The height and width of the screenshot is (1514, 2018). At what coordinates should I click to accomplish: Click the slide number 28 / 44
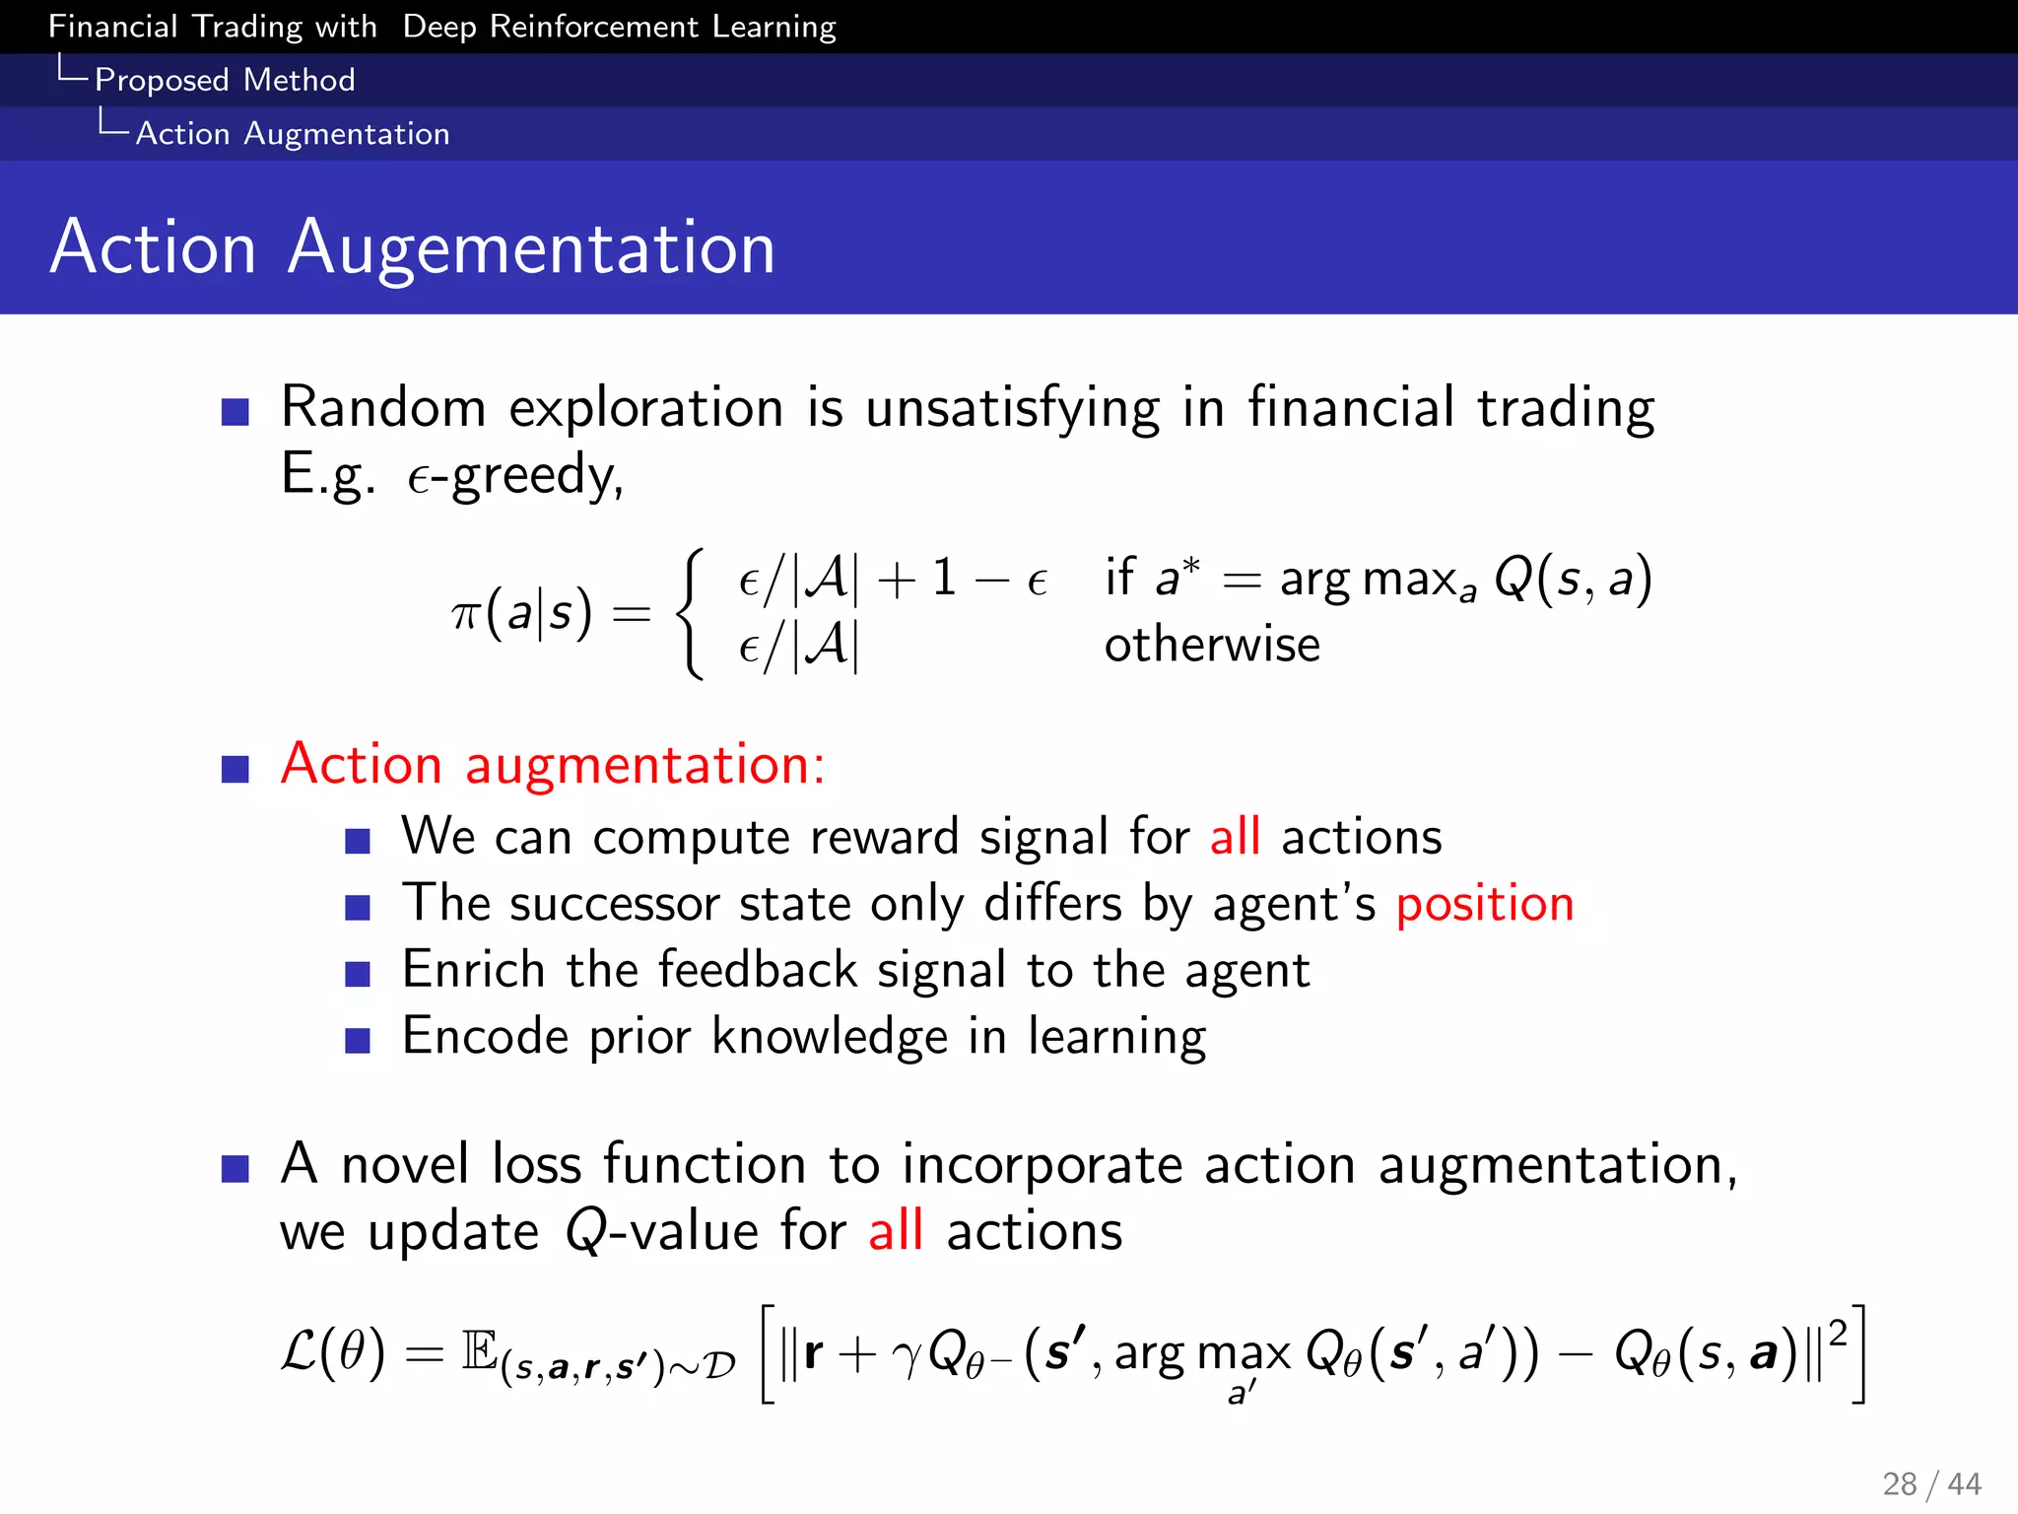[x=1931, y=1483]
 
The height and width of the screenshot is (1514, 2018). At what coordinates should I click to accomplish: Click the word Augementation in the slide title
[x=531, y=248]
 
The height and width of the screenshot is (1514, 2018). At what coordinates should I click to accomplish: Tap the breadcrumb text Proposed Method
[x=225, y=80]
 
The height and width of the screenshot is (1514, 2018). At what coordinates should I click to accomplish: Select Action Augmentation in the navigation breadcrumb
[x=293, y=133]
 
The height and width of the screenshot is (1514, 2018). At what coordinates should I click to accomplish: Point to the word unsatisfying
[x=1013, y=408]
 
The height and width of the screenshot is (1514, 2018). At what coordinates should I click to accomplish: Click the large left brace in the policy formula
[x=692, y=613]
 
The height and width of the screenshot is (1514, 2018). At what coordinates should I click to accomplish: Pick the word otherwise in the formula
[x=1212, y=646]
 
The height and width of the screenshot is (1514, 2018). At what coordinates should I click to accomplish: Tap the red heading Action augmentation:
[x=553, y=765]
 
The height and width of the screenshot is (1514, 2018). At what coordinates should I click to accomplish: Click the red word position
[x=1485, y=904]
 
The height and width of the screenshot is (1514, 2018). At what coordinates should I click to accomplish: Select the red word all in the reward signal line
[x=1235, y=837]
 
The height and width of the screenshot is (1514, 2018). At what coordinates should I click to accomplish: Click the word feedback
[x=758, y=970]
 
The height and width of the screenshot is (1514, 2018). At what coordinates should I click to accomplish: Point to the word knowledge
[x=829, y=1037]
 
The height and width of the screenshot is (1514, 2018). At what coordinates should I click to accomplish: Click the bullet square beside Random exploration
[x=235, y=411]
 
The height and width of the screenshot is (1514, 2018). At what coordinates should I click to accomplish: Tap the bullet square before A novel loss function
[x=235, y=1168]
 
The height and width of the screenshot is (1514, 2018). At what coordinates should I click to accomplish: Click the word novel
[x=404, y=1164]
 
